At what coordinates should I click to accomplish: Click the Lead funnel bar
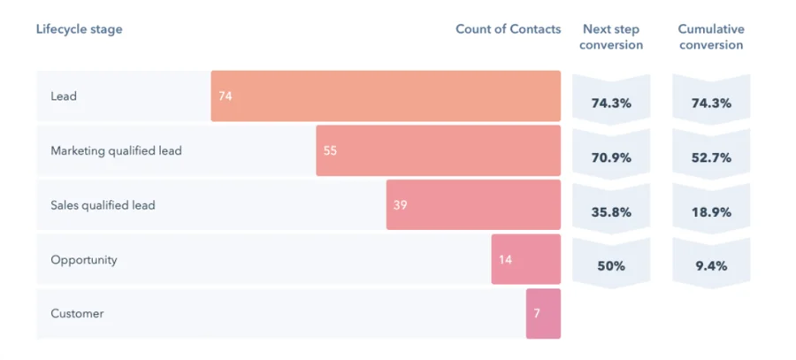click(x=386, y=96)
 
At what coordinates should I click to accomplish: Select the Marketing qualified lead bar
click(x=438, y=150)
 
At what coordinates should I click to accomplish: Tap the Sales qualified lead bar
click(x=473, y=205)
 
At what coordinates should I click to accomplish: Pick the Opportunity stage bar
click(x=526, y=259)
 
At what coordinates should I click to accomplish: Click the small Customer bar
click(x=543, y=313)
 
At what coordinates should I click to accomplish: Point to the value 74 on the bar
click(x=226, y=96)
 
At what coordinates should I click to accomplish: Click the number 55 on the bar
click(x=330, y=150)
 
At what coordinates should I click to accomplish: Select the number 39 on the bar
click(x=400, y=205)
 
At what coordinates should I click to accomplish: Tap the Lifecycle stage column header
click(x=79, y=29)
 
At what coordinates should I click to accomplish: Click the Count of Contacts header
click(x=508, y=29)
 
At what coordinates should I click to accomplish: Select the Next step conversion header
click(x=612, y=37)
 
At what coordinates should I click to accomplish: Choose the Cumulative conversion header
click(x=711, y=37)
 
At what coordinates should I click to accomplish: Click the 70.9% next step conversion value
click(x=611, y=158)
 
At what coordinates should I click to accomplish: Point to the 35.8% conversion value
click(x=611, y=212)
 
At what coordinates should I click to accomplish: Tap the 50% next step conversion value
click(x=611, y=266)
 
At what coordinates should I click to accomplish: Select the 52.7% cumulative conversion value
click(x=711, y=158)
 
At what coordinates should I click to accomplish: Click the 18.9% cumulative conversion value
click(x=711, y=212)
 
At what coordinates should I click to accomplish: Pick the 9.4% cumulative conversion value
click(x=711, y=266)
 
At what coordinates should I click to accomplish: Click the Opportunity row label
click(x=84, y=260)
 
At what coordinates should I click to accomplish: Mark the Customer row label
click(x=77, y=314)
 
